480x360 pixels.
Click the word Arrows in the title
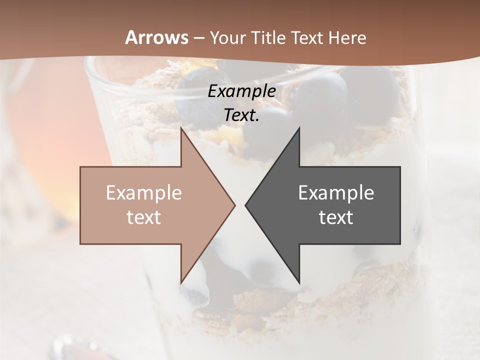[156, 37]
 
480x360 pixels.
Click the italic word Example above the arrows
[242, 91]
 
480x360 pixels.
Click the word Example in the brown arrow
[144, 193]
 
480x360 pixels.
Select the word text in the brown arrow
[144, 217]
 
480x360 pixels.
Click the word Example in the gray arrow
[336, 193]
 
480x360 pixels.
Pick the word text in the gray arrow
[336, 217]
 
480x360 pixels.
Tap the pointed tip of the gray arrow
[246, 205]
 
